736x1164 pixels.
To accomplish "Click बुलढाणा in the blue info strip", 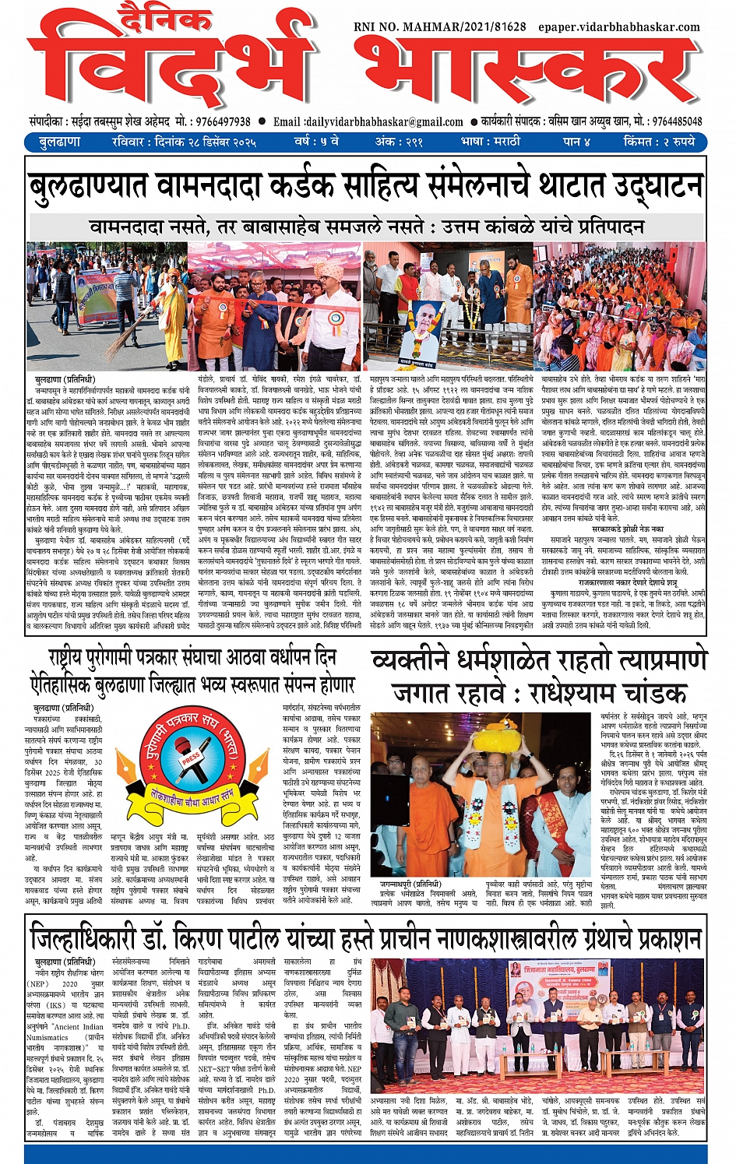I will [x=60, y=142].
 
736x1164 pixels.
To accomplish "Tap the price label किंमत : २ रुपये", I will [x=658, y=142].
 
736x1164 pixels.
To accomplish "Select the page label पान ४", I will [x=576, y=142].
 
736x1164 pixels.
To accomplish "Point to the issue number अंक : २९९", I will [x=399, y=142].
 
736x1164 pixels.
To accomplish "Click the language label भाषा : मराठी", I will [x=490, y=142].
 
